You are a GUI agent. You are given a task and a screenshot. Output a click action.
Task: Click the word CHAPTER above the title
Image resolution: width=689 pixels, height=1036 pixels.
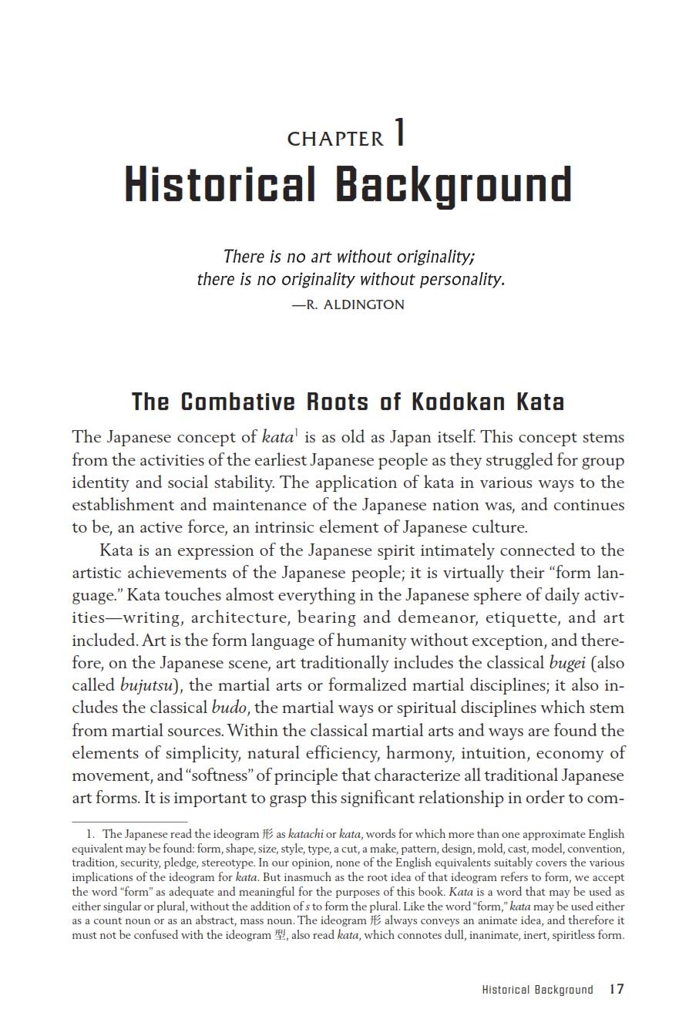(x=335, y=139)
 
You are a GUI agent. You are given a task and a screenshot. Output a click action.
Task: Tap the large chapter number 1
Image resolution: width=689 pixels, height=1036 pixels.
(x=399, y=133)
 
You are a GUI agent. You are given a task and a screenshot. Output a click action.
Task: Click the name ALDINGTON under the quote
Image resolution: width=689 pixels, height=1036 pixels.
(x=365, y=304)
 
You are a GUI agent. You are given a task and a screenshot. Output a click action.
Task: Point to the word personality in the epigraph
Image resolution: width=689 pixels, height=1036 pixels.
(x=460, y=279)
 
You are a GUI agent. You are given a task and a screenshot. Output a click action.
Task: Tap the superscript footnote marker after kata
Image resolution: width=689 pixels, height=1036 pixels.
(x=297, y=432)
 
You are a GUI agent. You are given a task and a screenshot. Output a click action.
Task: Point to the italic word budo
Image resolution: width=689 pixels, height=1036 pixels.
(x=229, y=708)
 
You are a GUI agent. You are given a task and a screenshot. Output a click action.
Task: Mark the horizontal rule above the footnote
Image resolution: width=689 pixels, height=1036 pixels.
(x=129, y=822)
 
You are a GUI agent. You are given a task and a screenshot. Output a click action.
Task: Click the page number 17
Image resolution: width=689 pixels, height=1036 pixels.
(x=616, y=990)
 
